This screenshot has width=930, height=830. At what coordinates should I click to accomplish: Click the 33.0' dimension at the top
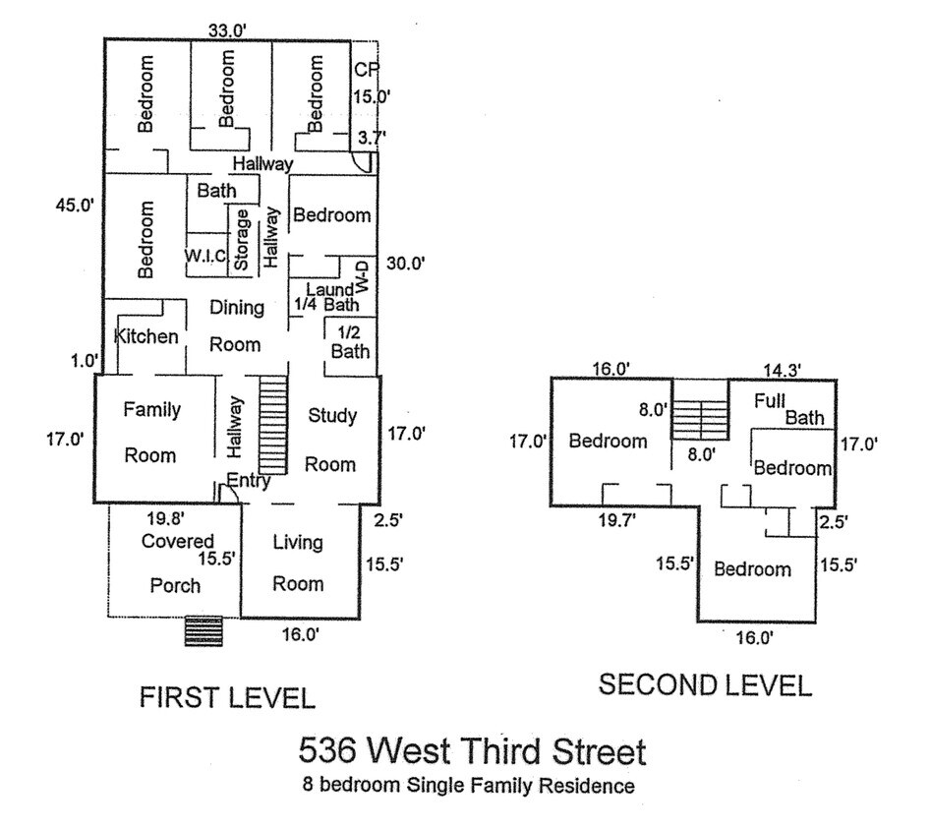click(226, 30)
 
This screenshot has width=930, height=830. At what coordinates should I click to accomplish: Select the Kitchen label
click(146, 336)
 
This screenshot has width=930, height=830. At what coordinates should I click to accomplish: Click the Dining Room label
click(237, 326)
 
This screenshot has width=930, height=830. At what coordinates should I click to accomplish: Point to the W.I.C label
click(205, 257)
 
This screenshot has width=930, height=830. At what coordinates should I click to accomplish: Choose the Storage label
click(241, 239)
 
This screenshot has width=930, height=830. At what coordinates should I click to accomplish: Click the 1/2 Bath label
click(350, 341)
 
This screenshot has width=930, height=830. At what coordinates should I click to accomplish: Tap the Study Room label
click(331, 440)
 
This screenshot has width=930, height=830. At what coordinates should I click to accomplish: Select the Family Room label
click(150, 433)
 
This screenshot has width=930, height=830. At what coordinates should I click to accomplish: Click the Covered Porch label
click(176, 563)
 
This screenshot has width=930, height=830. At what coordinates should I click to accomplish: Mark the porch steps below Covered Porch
click(204, 631)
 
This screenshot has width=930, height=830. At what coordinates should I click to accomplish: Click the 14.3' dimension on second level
click(782, 370)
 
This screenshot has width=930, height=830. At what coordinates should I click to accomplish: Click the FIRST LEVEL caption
click(226, 698)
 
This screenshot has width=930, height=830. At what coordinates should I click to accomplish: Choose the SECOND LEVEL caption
click(705, 685)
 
